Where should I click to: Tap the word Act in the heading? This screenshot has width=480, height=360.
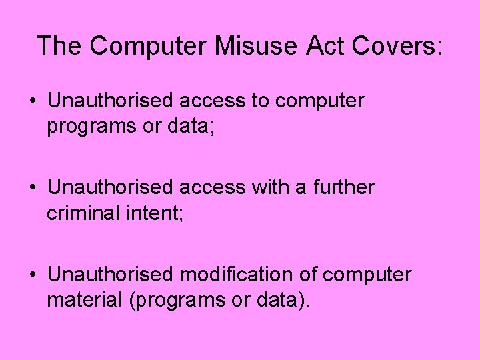[x=332, y=45]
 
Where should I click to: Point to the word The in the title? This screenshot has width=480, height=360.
[x=59, y=45]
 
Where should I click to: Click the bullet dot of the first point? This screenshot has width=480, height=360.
[x=33, y=102]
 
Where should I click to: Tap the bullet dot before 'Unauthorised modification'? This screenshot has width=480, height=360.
[x=33, y=275]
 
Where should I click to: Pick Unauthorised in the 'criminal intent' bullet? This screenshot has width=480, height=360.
[x=110, y=187]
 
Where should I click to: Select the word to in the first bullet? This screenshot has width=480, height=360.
[x=260, y=101]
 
